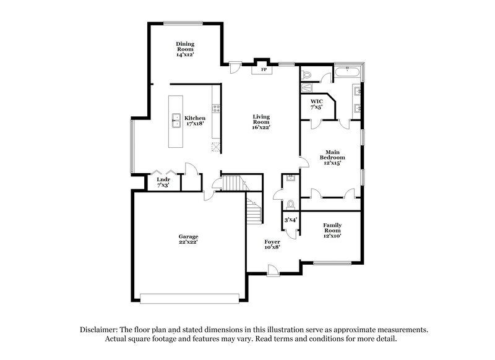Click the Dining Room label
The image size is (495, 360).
point(185,49)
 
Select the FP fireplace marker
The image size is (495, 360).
point(263,70)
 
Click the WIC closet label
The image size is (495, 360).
point(316,104)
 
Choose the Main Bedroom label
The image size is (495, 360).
point(332,158)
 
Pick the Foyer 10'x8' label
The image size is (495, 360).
point(272,244)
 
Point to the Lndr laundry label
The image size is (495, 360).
point(163,182)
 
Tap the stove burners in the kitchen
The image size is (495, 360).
point(217,109)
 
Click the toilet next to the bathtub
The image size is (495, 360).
point(308,75)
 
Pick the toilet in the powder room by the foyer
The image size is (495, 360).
point(290,204)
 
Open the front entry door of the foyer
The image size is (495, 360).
point(272,268)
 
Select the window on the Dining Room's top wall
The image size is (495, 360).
point(183,24)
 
